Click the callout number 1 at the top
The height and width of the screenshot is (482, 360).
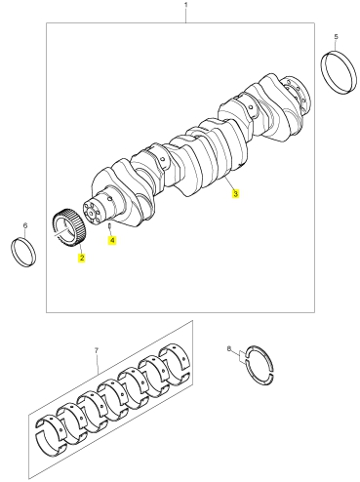(186, 5)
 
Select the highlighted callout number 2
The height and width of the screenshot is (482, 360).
(81, 258)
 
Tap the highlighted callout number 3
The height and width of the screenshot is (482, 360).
(235, 193)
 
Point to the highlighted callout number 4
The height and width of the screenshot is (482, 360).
(112, 240)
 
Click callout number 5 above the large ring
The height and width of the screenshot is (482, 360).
(336, 36)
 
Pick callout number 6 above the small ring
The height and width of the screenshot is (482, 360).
(25, 225)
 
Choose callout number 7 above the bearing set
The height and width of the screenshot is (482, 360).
(97, 351)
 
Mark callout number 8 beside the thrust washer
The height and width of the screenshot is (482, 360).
(229, 349)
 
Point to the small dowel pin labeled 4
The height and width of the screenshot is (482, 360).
(110, 225)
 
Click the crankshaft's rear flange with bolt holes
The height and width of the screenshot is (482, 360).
(296, 95)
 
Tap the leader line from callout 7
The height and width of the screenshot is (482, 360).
(98, 364)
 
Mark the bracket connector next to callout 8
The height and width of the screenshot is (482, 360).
(241, 355)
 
